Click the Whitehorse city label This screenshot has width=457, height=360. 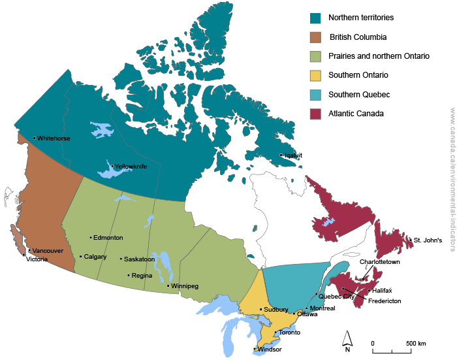tap(54, 139)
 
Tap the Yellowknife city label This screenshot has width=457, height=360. tap(131, 167)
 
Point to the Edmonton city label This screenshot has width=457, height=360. tap(108, 238)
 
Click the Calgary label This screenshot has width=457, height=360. tap(95, 257)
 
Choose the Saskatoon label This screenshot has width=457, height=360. tap(139, 259)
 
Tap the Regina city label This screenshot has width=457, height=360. tap(142, 276)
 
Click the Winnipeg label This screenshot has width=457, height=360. tap(185, 286)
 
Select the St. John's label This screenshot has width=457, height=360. tap(428, 240)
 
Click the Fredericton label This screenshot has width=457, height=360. tap(385, 301)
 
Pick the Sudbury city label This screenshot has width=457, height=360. tap(276, 310)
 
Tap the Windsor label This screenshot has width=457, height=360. tap(270, 350)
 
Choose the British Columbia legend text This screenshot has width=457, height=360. tap(358, 37)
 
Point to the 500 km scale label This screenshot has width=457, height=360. tap(416, 344)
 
